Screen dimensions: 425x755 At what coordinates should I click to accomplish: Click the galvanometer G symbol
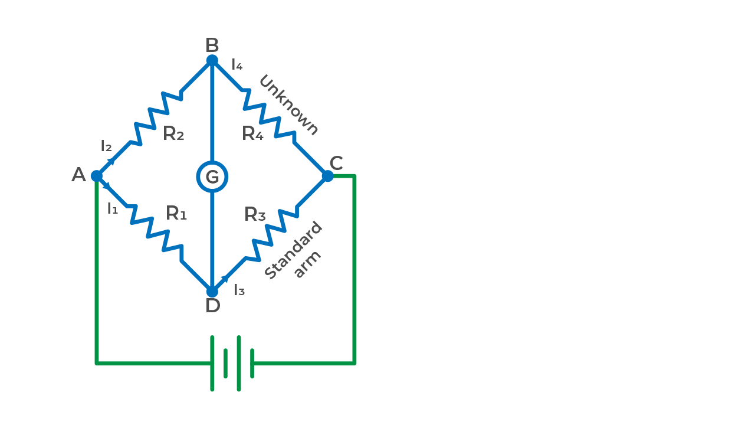click(212, 177)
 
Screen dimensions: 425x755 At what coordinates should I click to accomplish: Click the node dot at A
click(97, 176)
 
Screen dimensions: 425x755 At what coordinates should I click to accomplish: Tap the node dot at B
click(212, 60)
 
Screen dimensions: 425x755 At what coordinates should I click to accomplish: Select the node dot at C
click(327, 176)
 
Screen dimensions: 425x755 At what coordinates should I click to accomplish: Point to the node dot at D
click(212, 291)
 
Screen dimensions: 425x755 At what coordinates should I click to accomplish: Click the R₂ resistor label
click(173, 135)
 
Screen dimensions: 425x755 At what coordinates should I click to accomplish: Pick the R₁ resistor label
click(176, 214)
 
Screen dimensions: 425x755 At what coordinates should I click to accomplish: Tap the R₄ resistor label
click(252, 135)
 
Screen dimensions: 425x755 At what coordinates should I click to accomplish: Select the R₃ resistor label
click(255, 215)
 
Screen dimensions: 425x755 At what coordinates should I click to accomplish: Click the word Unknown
click(288, 105)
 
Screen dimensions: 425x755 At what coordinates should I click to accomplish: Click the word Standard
click(293, 251)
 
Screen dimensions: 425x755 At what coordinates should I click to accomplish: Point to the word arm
click(307, 264)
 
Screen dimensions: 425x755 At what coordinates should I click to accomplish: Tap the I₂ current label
click(106, 146)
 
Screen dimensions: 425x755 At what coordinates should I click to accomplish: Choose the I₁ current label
click(113, 208)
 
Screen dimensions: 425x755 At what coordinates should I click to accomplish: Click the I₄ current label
click(237, 65)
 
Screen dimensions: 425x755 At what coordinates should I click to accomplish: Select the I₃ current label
click(239, 290)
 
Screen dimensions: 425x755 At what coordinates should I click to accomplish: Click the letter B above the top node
click(212, 45)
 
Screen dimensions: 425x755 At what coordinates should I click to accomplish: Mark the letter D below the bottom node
click(212, 306)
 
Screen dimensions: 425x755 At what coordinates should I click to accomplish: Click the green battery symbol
click(232, 363)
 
